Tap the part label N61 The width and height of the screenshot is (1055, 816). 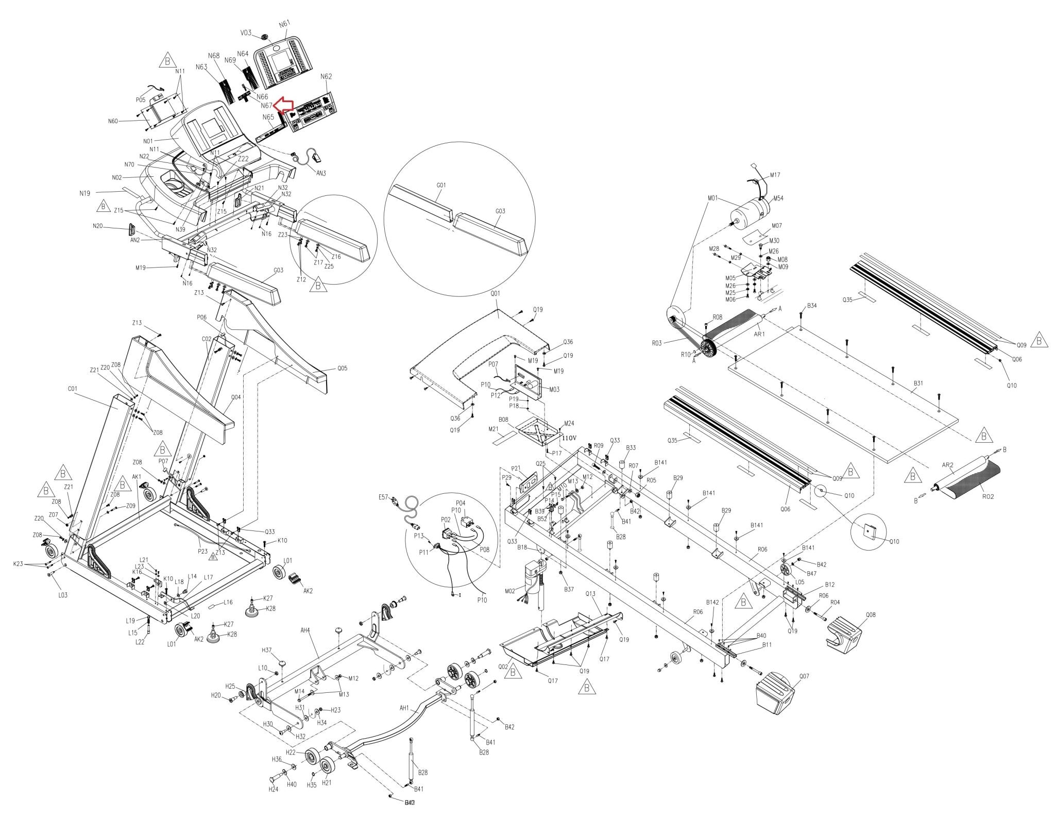point(285,23)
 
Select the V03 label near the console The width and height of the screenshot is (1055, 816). point(246,33)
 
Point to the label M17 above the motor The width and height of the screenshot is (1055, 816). point(775,175)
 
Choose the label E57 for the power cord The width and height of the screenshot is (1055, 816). point(383,497)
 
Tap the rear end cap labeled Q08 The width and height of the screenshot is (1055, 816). point(842,629)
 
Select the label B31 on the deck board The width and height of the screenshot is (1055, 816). point(918,384)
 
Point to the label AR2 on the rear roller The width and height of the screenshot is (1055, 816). point(947,464)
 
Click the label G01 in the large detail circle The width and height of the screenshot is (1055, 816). point(441,185)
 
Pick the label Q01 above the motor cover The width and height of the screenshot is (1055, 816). point(496,294)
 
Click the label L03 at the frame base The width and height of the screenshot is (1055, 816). point(62,595)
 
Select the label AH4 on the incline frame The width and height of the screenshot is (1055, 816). point(305,630)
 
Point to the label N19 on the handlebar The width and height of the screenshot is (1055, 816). point(84,193)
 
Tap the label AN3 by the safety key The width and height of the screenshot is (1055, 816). point(321,174)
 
